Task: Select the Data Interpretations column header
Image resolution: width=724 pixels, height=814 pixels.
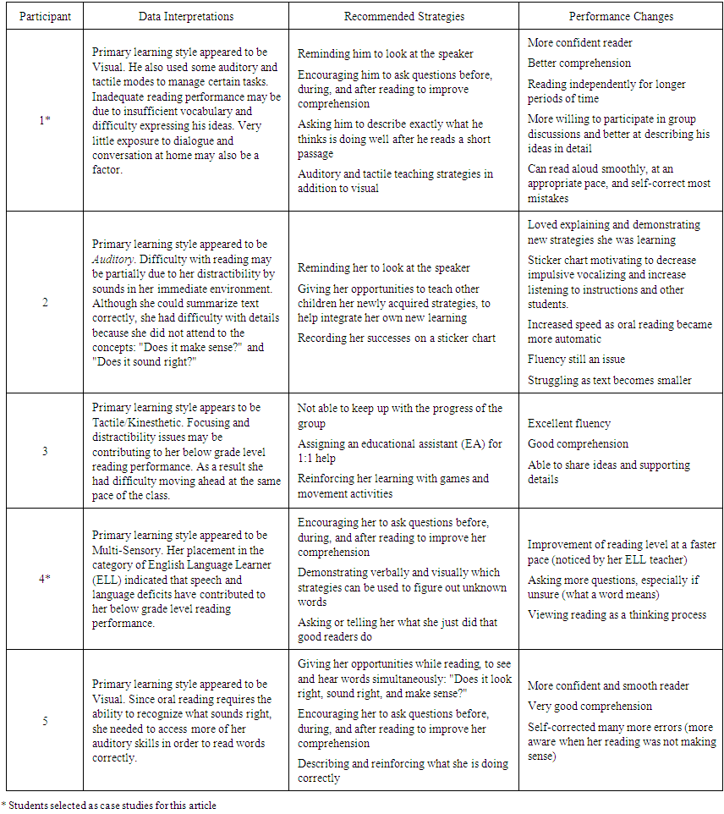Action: pos(186,16)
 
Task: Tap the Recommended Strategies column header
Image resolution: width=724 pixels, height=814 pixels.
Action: pos(403,16)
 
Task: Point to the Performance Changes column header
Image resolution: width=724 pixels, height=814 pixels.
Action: pos(621,16)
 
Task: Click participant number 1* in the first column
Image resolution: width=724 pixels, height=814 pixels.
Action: pos(45,120)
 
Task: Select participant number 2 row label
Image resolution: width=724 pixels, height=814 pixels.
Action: pos(45,302)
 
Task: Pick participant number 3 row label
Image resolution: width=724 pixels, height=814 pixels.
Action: pos(45,451)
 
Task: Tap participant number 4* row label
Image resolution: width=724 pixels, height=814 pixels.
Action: pos(45,579)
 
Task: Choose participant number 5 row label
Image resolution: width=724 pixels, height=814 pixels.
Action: pos(45,721)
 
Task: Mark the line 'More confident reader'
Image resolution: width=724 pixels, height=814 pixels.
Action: pos(579,42)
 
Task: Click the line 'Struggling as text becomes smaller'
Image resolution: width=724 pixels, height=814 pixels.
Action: pos(609,380)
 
